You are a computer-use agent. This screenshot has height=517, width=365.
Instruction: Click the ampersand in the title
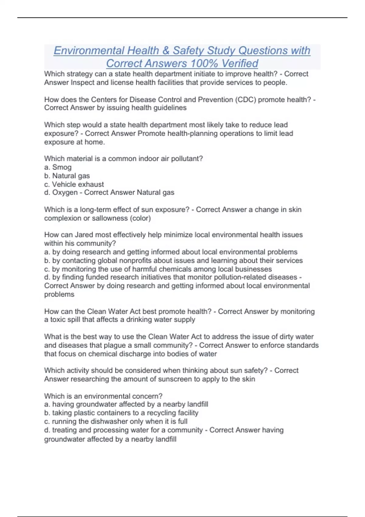tap(166, 50)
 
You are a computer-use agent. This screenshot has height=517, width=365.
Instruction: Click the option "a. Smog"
tap(58, 167)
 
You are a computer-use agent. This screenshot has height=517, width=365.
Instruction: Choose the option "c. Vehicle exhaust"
tap(74, 184)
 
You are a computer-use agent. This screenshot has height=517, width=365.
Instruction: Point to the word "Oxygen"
tap(65, 193)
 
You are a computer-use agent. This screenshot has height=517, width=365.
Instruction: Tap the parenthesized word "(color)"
tap(140, 218)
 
